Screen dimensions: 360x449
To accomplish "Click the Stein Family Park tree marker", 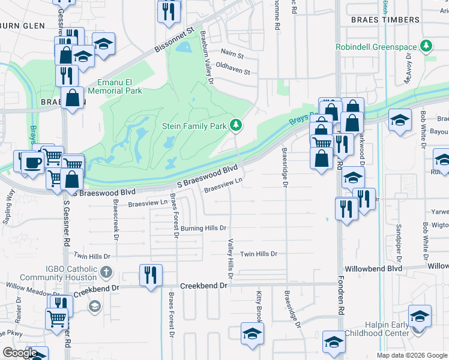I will click(237, 125).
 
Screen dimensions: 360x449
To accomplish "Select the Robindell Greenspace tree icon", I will click(427, 45).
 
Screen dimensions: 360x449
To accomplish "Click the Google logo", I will click(20, 353).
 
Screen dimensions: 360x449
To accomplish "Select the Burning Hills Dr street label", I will click(203, 229).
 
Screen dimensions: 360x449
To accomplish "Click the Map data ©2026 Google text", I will click(412, 355).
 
